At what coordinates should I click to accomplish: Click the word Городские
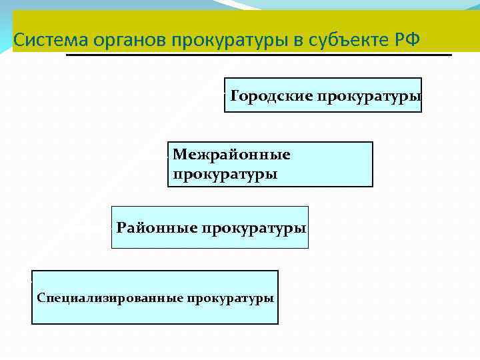point(271,95)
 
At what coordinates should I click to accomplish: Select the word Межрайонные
point(231,155)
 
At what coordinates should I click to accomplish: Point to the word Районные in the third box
point(157,228)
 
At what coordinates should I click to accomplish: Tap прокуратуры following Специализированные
point(230,297)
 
